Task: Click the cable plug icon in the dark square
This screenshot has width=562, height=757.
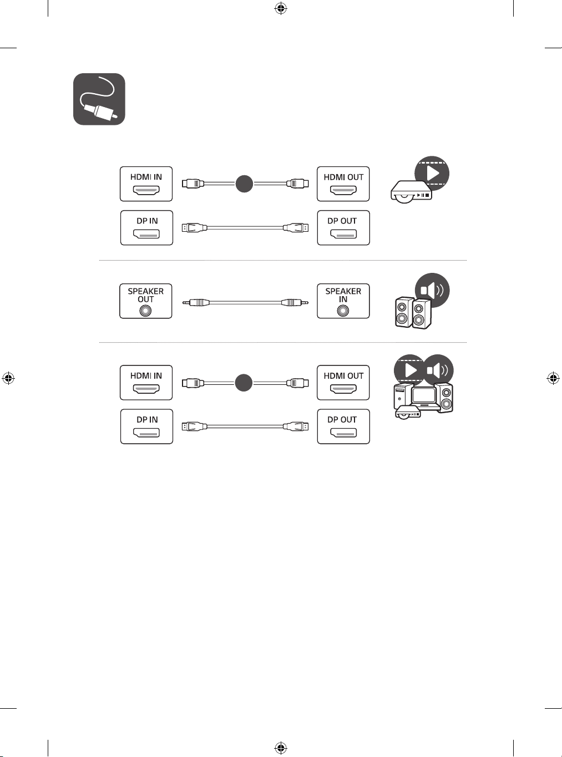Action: (x=99, y=99)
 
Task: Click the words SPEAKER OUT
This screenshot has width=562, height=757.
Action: (x=146, y=295)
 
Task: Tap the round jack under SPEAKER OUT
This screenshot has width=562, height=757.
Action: (x=146, y=311)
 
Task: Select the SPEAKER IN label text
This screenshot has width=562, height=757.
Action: (x=343, y=295)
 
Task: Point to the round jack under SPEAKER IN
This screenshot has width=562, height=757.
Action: (x=343, y=311)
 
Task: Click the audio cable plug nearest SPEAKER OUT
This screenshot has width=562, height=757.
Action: (x=196, y=302)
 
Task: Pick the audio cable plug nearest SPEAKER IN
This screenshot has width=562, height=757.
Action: (x=295, y=302)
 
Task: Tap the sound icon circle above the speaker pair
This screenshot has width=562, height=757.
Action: (x=432, y=290)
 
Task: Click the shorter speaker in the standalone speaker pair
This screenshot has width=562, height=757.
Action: (x=403, y=312)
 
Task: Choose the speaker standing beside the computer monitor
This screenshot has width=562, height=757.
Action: (x=444, y=397)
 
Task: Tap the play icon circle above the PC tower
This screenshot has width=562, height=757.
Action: (x=411, y=370)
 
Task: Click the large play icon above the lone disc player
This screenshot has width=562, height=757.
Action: (x=432, y=174)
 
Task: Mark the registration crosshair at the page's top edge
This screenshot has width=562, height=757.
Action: (x=281, y=9)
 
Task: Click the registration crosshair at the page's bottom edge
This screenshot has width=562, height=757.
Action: (x=281, y=748)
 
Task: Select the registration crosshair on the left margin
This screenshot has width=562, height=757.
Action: (x=8, y=378)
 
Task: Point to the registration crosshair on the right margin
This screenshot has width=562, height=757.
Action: (x=553, y=378)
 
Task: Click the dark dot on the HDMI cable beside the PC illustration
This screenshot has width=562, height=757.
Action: (x=244, y=383)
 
